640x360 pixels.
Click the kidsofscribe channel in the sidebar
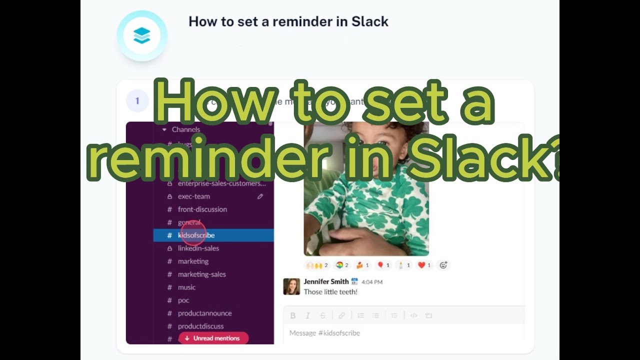click(196, 235)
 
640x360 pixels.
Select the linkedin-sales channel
click(198, 248)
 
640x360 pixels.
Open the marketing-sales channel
click(201, 274)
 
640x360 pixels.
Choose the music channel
click(186, 287)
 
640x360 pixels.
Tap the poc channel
click(183, 300)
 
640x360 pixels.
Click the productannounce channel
click(204, 313)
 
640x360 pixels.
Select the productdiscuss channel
click(200, 326)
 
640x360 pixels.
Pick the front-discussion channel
click(202, 209)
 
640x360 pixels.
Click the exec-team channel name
click(193, 196)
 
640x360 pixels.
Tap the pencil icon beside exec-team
click(260, 196)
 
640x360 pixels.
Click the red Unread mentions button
click(213, 338)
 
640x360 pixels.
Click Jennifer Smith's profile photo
click(291, 286)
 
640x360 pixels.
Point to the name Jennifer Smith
click(326, 282)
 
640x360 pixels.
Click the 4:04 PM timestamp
click(372, 282)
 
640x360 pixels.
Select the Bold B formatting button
click(293, 315)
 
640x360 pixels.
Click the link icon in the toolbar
click(342, 315)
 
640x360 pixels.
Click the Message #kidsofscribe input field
click(400, 333)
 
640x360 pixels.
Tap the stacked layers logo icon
click(142, 35)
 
